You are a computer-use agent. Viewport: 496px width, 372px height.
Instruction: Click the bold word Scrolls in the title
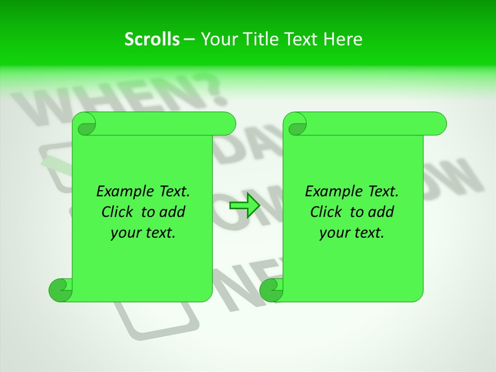coord(152,39)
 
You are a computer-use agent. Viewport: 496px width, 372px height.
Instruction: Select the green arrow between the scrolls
coord(244,205)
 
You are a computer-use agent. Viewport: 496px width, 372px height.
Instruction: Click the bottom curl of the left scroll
coord(60,290)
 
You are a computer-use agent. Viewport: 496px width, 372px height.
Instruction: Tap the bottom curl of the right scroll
coord(271,290)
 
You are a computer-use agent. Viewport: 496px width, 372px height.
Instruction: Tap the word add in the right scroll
coord(380,212)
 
